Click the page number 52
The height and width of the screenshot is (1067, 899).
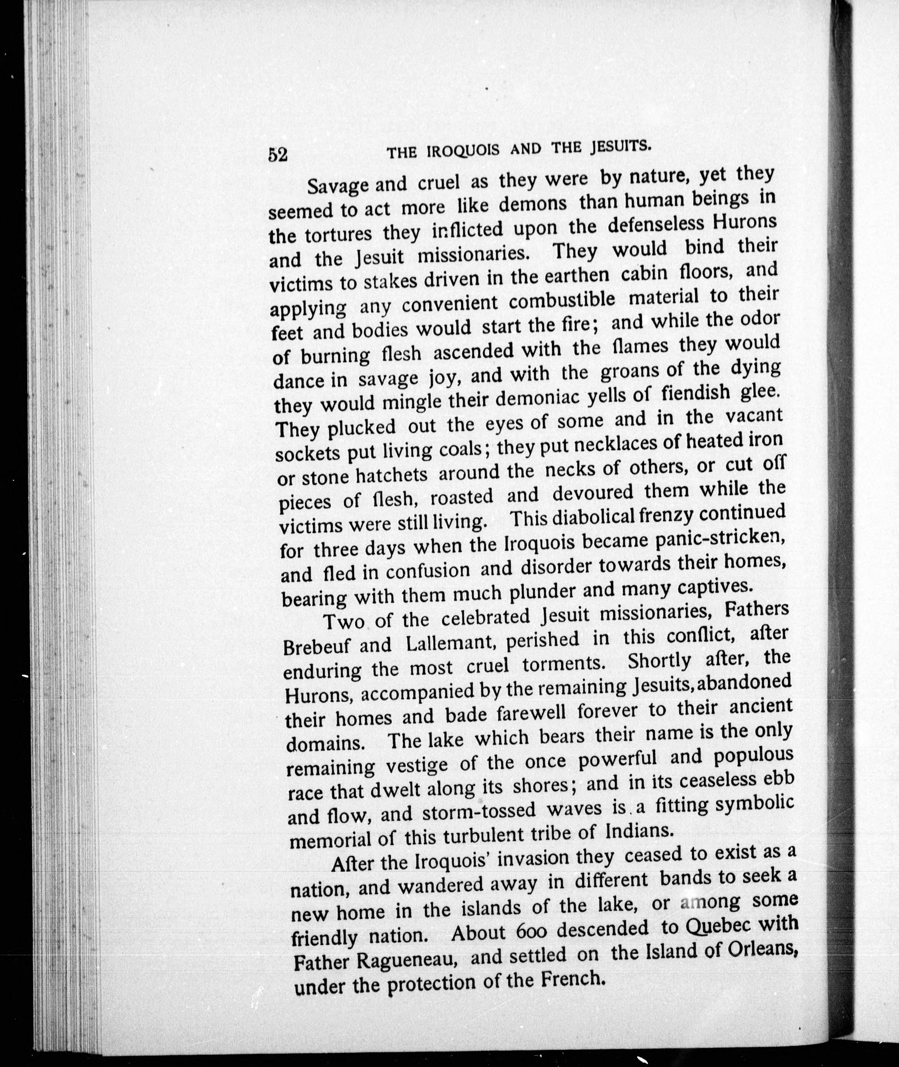pyautogui.click(x=278, y=154)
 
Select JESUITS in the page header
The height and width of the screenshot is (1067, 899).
pyautogui.click(x=619, y=147)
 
